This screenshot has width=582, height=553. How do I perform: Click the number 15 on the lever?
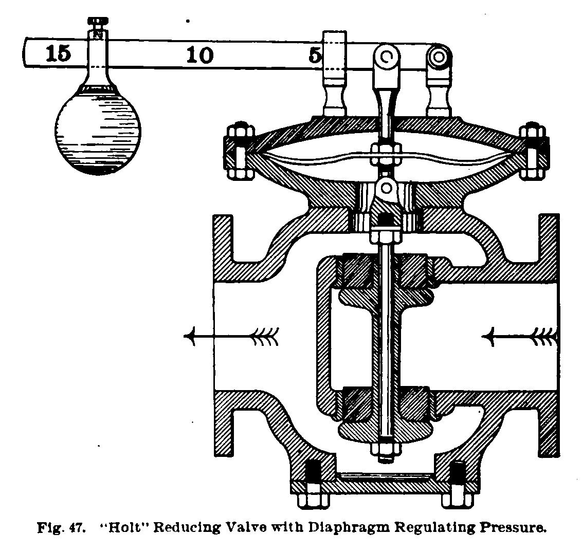click(58, 53)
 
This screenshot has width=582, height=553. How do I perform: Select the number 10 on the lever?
click(199, 54)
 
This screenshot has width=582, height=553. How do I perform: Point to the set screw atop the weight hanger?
click(97, 21)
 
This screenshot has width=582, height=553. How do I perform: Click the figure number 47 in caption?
click(75, 528)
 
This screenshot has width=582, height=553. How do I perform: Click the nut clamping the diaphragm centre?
click(385, 152)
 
